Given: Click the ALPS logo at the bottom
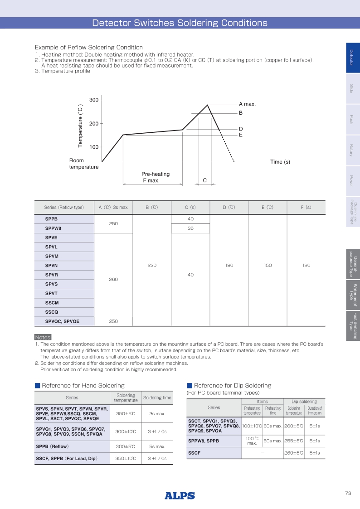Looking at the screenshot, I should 180,495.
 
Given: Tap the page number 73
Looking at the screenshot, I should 348,494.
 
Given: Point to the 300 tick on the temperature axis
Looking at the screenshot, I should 94,100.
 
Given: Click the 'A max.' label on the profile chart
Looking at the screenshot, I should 247,104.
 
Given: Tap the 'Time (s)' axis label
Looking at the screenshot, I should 280,162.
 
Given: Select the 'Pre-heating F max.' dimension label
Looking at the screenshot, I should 152,177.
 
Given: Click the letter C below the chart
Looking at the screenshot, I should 205,180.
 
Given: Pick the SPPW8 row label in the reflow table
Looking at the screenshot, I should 53,228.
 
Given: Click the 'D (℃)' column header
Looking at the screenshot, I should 229,208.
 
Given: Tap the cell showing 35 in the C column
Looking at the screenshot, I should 190,228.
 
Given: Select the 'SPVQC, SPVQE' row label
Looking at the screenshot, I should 62,321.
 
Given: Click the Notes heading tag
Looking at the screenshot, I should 43,338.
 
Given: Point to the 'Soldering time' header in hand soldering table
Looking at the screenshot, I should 157,398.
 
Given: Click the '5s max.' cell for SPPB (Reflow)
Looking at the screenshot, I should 157,447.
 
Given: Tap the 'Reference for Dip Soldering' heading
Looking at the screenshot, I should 232,386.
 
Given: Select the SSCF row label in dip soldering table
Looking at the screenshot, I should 194,453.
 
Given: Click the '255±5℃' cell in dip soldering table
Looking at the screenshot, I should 293,441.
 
